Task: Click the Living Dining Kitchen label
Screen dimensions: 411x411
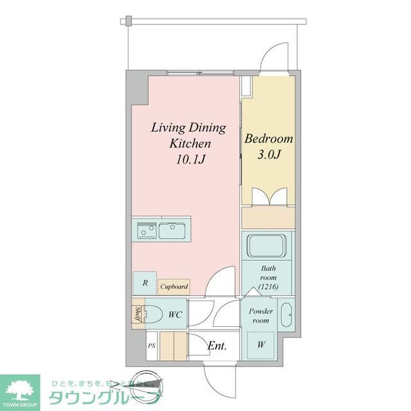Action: coord(188,135)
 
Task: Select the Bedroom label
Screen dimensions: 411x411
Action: coord(268,139)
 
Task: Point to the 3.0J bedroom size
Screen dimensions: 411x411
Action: coord(268,155)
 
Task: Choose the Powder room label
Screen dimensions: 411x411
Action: coord(261,315)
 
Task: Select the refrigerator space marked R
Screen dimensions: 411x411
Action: coord(145,283)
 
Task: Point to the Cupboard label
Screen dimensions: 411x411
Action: coord(173,287)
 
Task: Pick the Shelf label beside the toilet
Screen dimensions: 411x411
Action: coord(137,315)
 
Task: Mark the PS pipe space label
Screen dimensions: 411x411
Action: coord(152,345)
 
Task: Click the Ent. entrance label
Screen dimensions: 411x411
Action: coord(217,346)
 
